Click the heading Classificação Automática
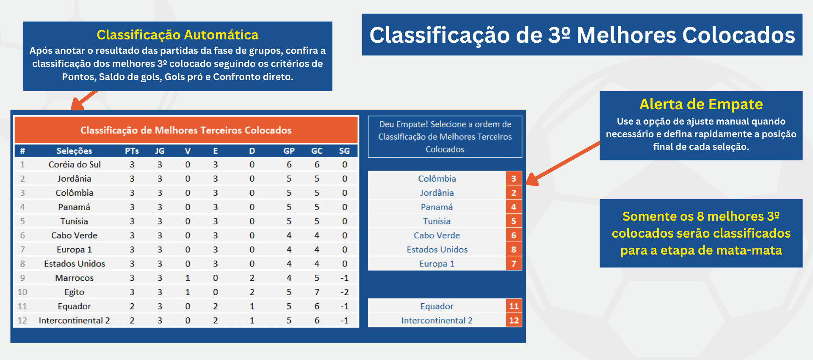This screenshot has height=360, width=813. [x=177, y=35]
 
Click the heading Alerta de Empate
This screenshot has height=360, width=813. [x=701, y=104]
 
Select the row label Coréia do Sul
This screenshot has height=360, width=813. [x=75, y=165]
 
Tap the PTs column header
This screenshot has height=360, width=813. [x=132, y=151]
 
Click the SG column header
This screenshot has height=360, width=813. [x=344, y=151]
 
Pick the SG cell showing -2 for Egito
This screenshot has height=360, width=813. [x=345, y=292]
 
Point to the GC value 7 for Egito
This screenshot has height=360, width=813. [x=317, y=292]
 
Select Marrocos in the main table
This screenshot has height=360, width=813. [x=75, y=278]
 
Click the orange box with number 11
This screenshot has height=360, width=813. [x=514, y=306]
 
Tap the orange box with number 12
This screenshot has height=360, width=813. [x=514, y=321]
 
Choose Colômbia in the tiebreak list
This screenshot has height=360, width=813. [x=437, y=179]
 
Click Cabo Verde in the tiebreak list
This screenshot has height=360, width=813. [x=437, y=235]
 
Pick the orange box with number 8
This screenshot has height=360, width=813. [x=514, y=250]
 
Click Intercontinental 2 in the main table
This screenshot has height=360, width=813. [x=75, y=321]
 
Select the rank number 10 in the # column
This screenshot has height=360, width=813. [x=22, y=292]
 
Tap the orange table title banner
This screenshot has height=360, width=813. [x=186, y=130]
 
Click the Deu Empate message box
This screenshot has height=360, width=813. [x=445, y=137]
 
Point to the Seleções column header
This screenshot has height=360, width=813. [x=75, y=151]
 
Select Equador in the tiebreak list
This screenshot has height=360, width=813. [x=437, y=306]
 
